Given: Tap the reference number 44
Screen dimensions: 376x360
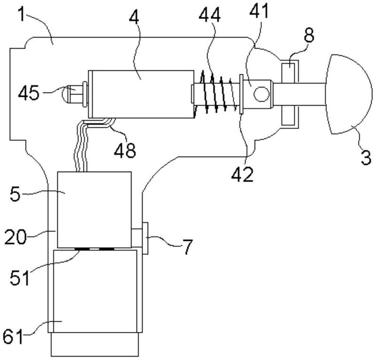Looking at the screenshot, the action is click(210, 15).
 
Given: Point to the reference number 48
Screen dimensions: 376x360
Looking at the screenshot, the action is click(125, 150).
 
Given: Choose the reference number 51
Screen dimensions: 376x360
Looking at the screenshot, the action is click(20, 277).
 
